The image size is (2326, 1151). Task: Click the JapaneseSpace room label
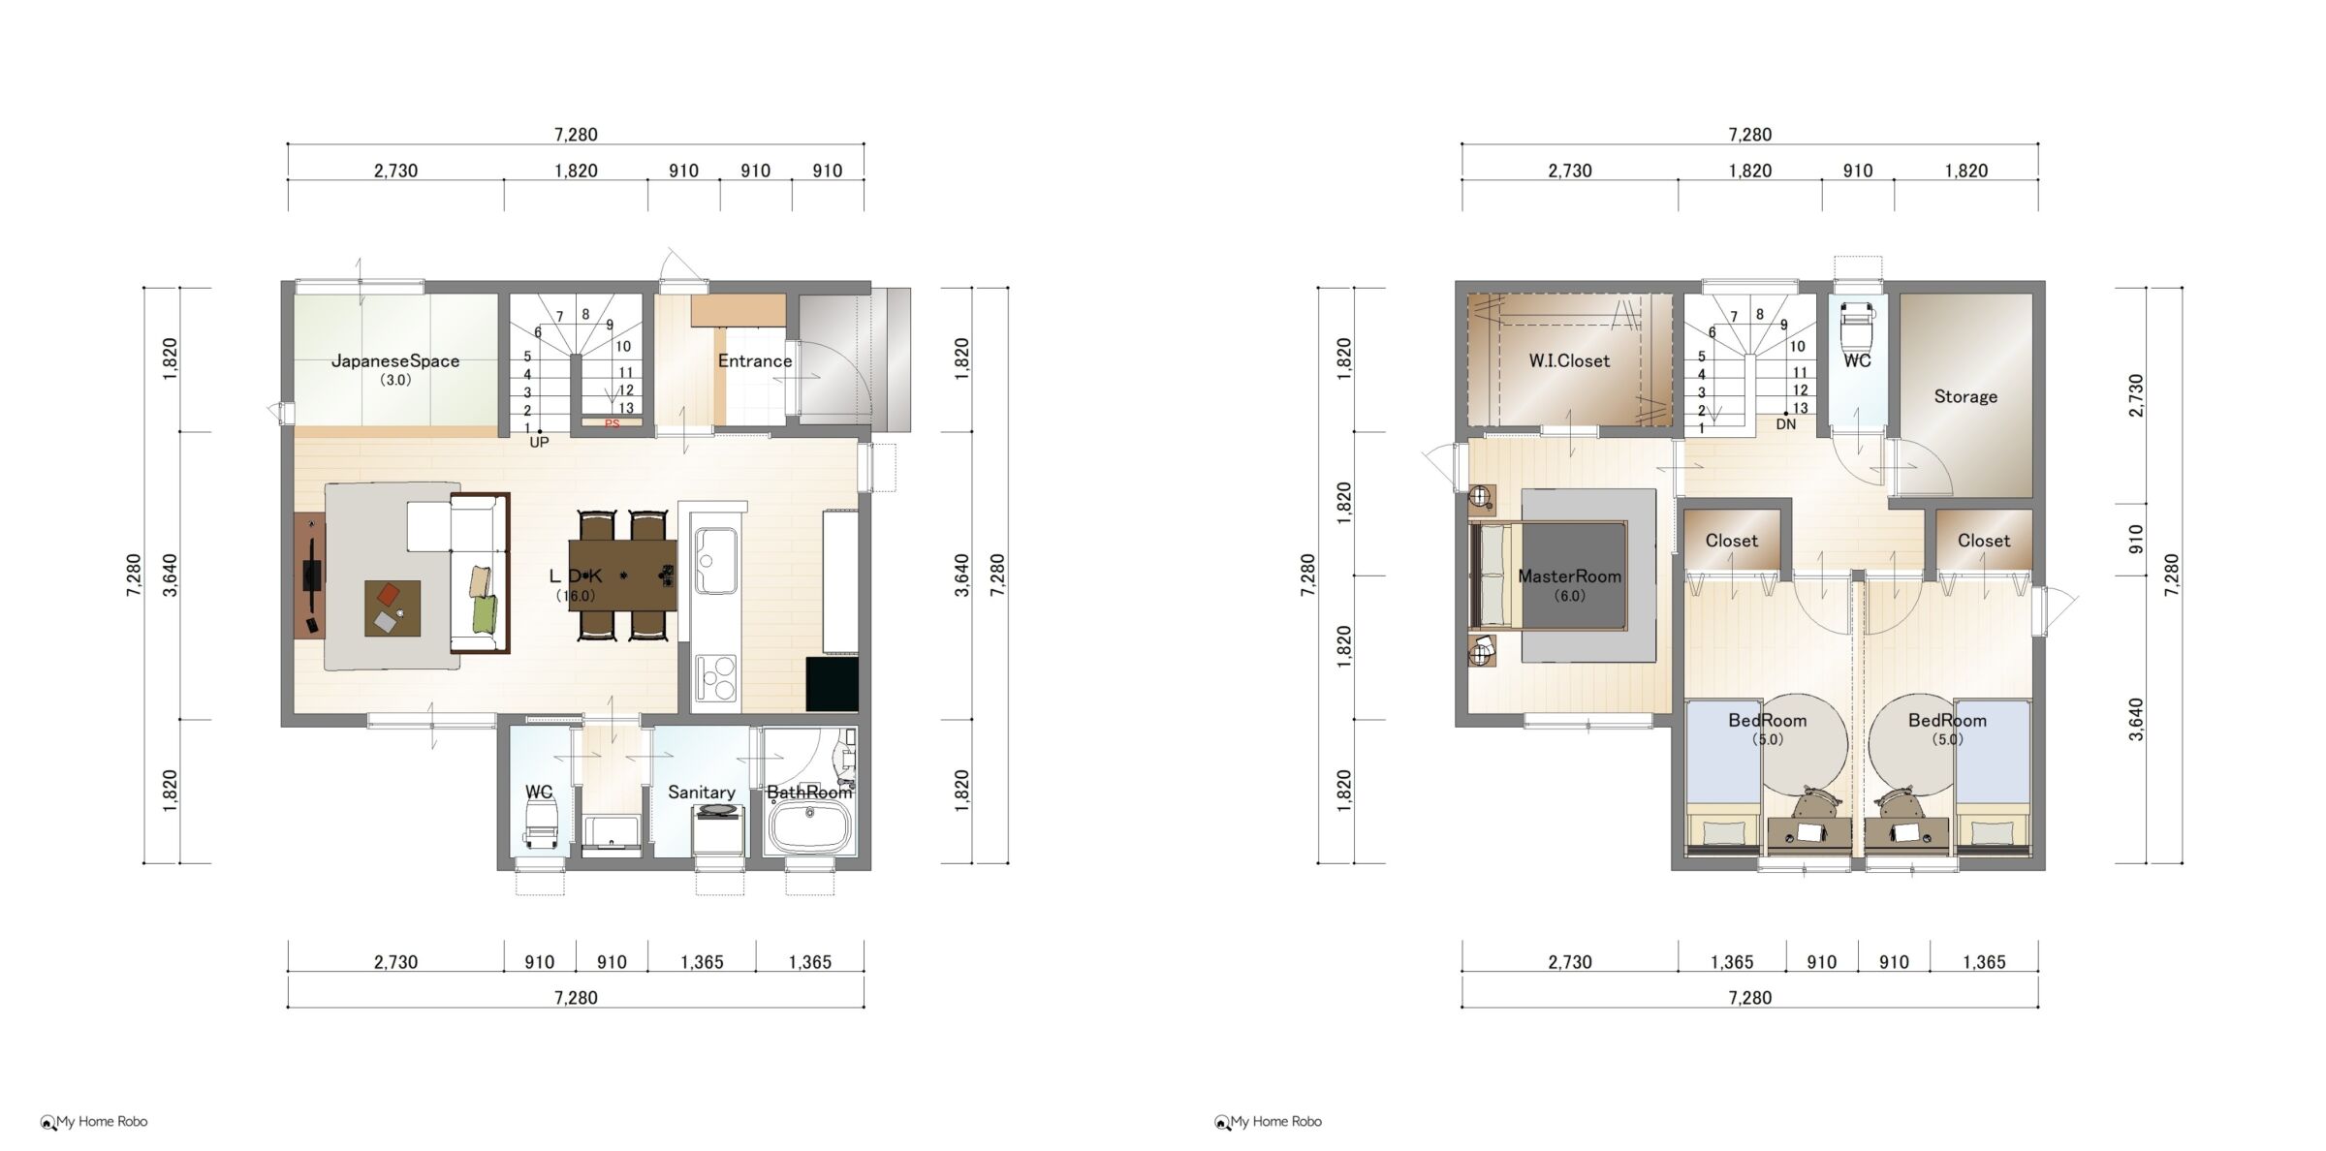[395, 361]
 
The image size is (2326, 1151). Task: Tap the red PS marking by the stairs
[613, 424]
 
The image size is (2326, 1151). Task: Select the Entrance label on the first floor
[755, 361]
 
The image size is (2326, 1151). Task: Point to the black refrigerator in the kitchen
[832, 685]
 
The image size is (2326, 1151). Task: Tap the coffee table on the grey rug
[393, 608]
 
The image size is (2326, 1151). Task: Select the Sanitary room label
[702, 793]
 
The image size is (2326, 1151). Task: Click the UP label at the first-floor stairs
[539, 443]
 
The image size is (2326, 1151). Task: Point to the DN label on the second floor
[1786, 424]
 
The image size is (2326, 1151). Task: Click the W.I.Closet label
[1569, 361]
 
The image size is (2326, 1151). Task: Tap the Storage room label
[1965, 396]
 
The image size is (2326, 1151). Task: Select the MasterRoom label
[1569, 576]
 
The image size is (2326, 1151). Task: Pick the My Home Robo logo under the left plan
[94, 1122]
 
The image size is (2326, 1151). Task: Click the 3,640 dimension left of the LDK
[171, 575]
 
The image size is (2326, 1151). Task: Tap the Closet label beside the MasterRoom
[1731, 541]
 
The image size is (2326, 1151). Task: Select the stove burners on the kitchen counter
[715, 677]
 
